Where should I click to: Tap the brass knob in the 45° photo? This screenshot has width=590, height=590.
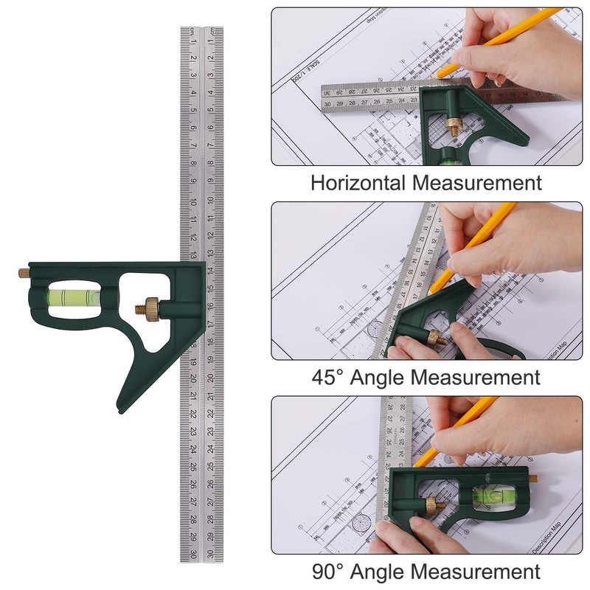(434, 338)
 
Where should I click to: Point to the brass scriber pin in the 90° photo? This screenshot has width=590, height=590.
(530, 477)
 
